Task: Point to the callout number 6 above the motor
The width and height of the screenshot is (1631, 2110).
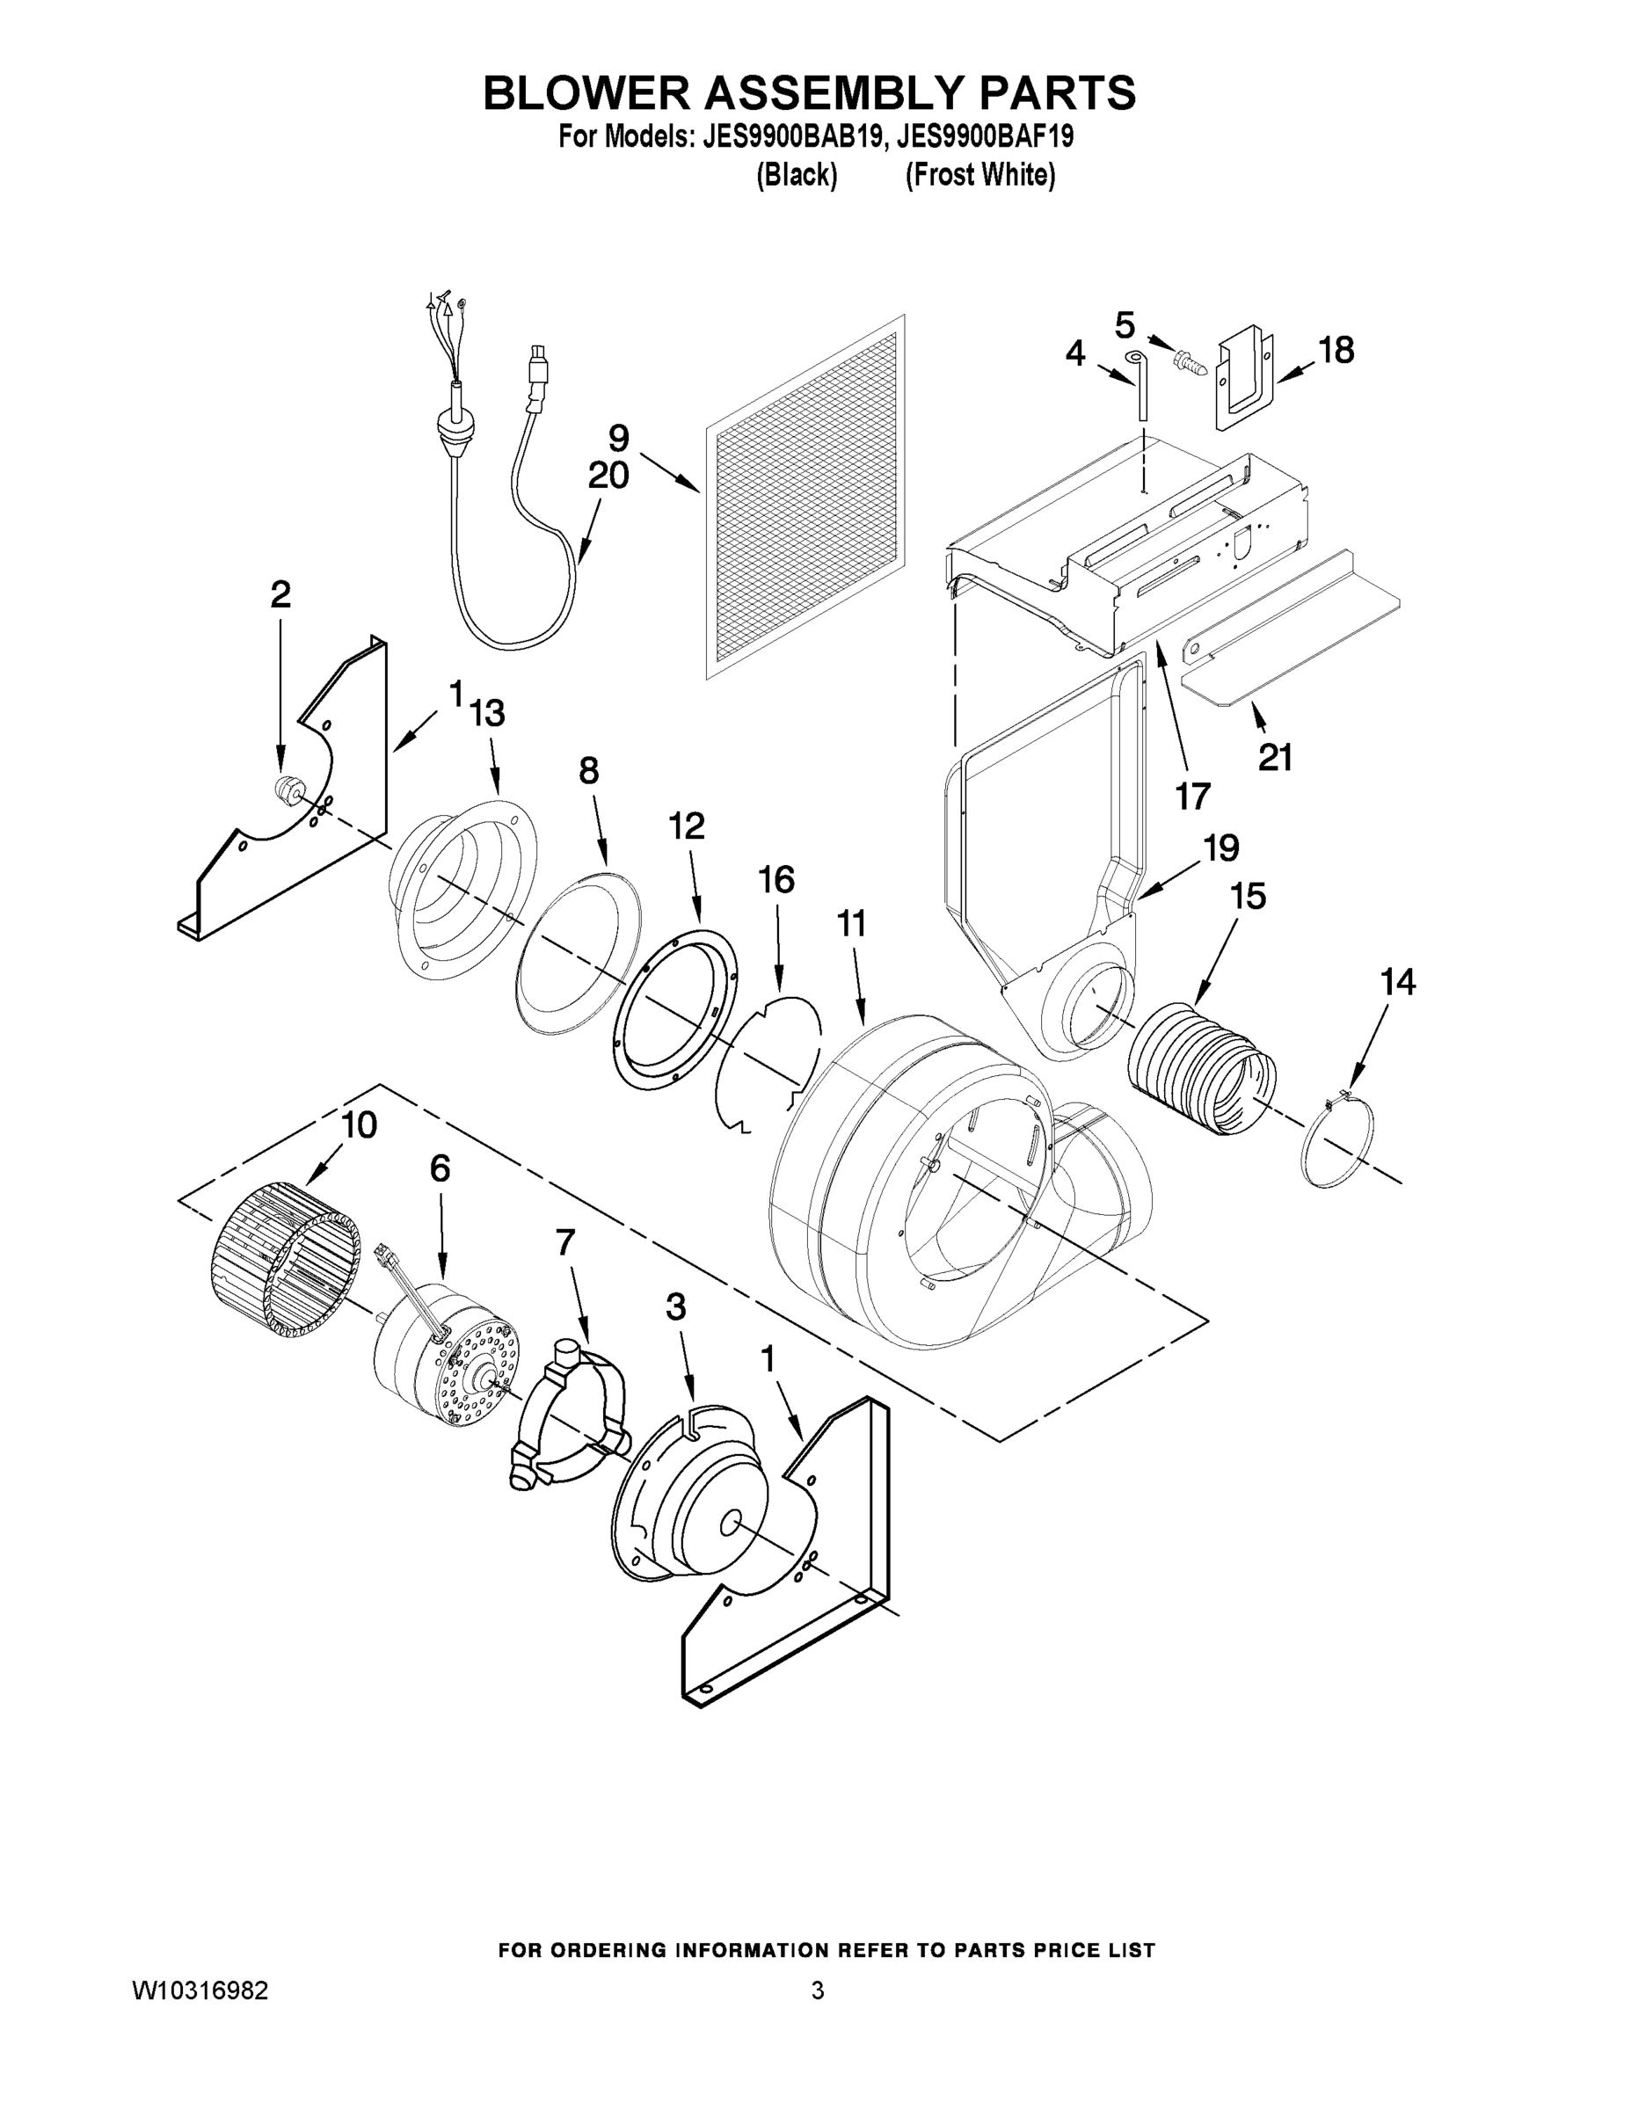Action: [440, 1169]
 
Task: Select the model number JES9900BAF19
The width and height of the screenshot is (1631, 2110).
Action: [985, 137]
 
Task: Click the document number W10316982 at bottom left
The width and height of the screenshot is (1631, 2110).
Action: [200, 1991]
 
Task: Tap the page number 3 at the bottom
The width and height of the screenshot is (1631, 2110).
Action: [817, 1991]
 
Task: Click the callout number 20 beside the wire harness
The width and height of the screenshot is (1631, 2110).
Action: [608, 475]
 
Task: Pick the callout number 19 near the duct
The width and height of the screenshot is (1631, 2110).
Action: [1220, 848]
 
